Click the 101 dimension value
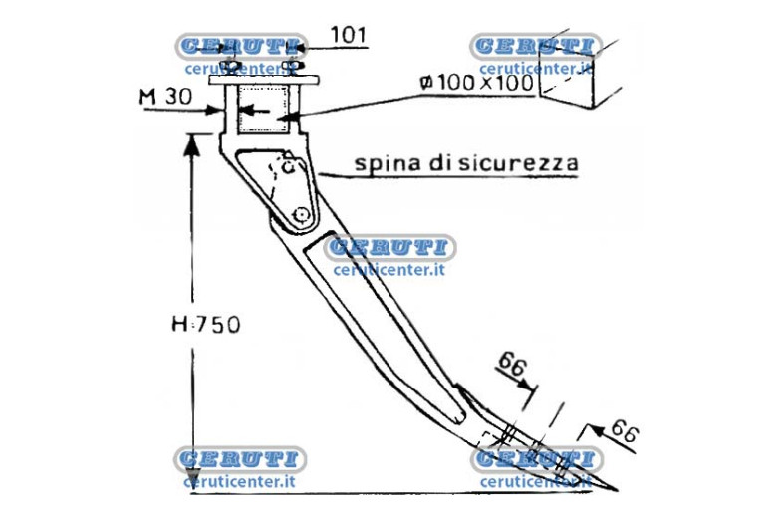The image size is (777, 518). pyautogui.click(x=349, y=35)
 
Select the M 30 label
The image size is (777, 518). pyautogui.click(x=165, y=97)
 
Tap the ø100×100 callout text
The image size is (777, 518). pyautogui.click(x=477, y=83)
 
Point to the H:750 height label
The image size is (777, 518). pyautogui.click(x=205, y=324)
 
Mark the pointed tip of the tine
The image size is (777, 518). pyautogui.click(x=616, y=490)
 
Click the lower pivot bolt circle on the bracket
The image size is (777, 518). pyautogui.click(x=300, y=215)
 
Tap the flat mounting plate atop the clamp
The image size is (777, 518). pyautogui.click(x=264, y=80)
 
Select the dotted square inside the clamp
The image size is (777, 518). pyautogui.click(x=263, y=109)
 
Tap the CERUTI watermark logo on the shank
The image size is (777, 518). pyautogui.click(x=389, y=247)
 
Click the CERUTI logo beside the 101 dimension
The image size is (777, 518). pyautogui.click(x=241, y=47)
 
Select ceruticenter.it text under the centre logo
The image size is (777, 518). pyautogui.click(x=388, y=270)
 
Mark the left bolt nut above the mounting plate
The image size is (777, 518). pyautogui.click(x=230, y=66)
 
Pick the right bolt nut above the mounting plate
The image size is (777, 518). pyautogui.click(x=291, y=65)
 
